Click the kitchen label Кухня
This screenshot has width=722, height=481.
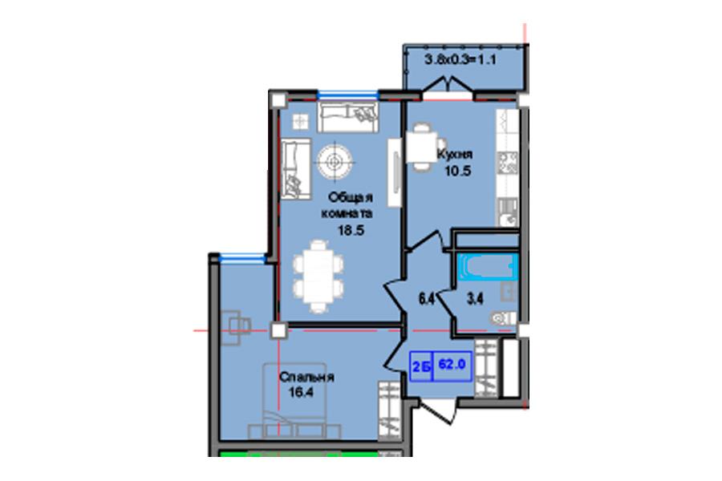point(455,154)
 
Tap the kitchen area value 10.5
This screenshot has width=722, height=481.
point(458,172)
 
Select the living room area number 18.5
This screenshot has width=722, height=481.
point(351,231)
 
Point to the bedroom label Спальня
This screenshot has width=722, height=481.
point(307,378)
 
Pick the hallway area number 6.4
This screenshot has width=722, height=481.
point(427,299)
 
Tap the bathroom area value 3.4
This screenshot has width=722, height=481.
point(475,299)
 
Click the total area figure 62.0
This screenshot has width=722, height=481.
point(452,364)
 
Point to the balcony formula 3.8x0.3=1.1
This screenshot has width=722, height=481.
point(460,59)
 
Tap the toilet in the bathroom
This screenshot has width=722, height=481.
point(503,318)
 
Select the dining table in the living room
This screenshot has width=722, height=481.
point(318,276)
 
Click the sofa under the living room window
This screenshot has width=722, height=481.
point(347,117)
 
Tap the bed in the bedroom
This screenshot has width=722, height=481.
point(294,401)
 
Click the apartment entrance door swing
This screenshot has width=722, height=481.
point(437,411)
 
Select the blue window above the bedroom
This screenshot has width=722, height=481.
point(242,258)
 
